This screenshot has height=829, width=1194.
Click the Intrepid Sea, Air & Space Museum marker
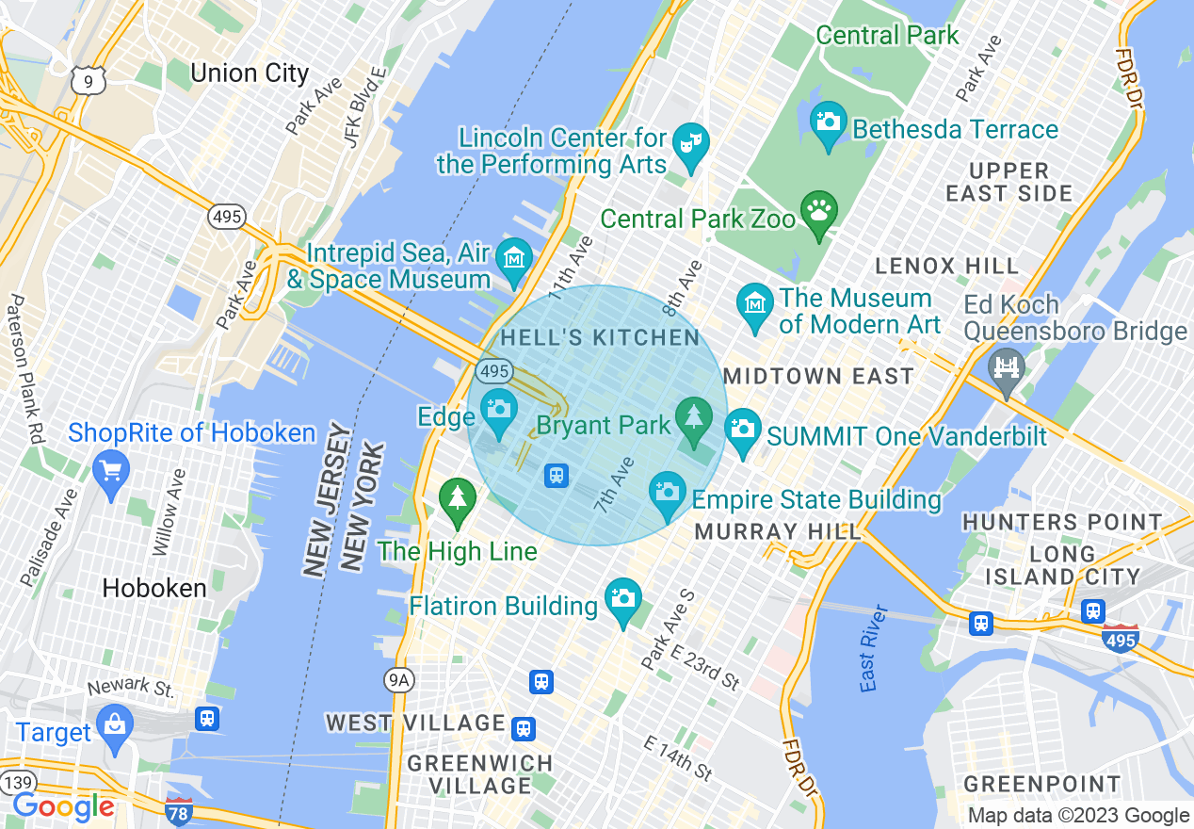click(x=514, y=256)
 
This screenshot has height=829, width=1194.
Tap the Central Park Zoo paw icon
click(x=818, y=208)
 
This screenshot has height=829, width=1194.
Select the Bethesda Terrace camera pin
click(x=829, y=122)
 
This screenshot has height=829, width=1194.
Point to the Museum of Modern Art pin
click(x=754, y=304)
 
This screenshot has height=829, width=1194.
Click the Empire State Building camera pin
click(x=668, y=492)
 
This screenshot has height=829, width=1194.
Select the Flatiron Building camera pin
click(x=621, y=598)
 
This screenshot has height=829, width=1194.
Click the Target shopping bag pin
click(x=115, y=724)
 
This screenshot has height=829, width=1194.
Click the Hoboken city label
click(x=154, y=589)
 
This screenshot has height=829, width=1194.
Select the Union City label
click(x=249, y=73)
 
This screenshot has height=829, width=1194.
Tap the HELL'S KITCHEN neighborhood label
click(x=600, y=338)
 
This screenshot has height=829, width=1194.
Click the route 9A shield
click(x=399, y=679)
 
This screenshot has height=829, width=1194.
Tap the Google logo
click(x=63, y=807)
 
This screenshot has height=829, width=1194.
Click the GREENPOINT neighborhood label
click(x=1042, y=784)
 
